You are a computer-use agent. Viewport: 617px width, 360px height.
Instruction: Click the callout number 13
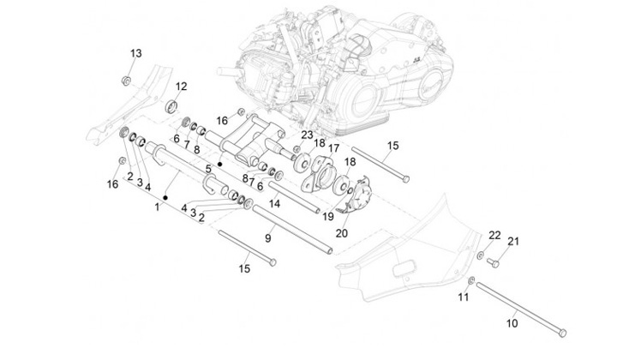coord(136,53)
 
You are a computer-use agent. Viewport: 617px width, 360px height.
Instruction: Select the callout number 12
coord(181,87)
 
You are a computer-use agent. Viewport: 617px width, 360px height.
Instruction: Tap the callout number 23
coord(307,135)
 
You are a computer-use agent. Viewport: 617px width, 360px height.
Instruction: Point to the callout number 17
coord(333,148)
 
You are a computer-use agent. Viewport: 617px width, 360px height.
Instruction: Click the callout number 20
coord(342,233)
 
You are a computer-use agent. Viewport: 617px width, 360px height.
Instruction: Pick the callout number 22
coord(494,235)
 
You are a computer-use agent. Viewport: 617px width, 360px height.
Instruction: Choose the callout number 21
coord(513,241)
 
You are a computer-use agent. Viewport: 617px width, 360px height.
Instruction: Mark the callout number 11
coord(464,297)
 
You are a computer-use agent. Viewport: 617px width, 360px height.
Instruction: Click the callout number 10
coord(512,323)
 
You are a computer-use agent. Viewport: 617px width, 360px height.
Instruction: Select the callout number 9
coord(268,238)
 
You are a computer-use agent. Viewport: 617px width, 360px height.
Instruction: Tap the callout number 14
coord(274,203)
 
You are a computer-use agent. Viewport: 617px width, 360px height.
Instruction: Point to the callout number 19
coord(327,216)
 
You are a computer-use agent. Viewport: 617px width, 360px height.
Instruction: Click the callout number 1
coord(158,207)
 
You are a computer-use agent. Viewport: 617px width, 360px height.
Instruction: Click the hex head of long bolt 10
coord(562,333)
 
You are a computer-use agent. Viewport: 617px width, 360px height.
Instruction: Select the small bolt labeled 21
coord(493,262)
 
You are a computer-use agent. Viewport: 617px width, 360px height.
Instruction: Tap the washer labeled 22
coord(481,255)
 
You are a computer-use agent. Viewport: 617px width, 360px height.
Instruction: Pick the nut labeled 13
coord(126,81)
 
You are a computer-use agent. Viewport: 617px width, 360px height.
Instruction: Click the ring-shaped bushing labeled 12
coord(171,106)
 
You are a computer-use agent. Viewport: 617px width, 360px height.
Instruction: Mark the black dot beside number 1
coord(165,197)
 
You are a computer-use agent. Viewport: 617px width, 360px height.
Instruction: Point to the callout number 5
coord(208,169)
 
